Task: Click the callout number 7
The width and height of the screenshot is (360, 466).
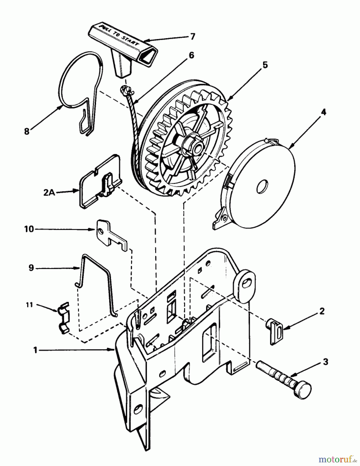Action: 192,37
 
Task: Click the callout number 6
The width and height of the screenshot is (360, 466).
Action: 192,56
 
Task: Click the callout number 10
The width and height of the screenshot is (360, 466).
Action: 29,229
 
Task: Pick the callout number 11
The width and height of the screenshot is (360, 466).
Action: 30,305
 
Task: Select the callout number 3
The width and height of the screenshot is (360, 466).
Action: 326,362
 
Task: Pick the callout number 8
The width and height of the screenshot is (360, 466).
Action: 27,131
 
